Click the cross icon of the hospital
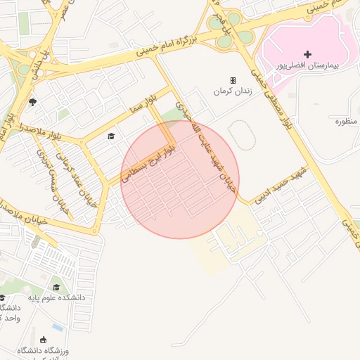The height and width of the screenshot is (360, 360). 307,54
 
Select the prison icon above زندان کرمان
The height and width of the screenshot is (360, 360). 233,80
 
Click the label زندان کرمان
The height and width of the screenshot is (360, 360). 232,92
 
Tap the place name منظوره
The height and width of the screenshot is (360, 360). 346,122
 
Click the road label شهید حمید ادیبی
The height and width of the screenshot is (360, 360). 281,184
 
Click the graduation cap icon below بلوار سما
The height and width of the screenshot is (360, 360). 110,136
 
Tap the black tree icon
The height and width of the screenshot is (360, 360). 32,102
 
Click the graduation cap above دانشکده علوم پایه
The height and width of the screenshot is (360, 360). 56,287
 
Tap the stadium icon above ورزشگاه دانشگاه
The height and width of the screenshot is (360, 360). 44,340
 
